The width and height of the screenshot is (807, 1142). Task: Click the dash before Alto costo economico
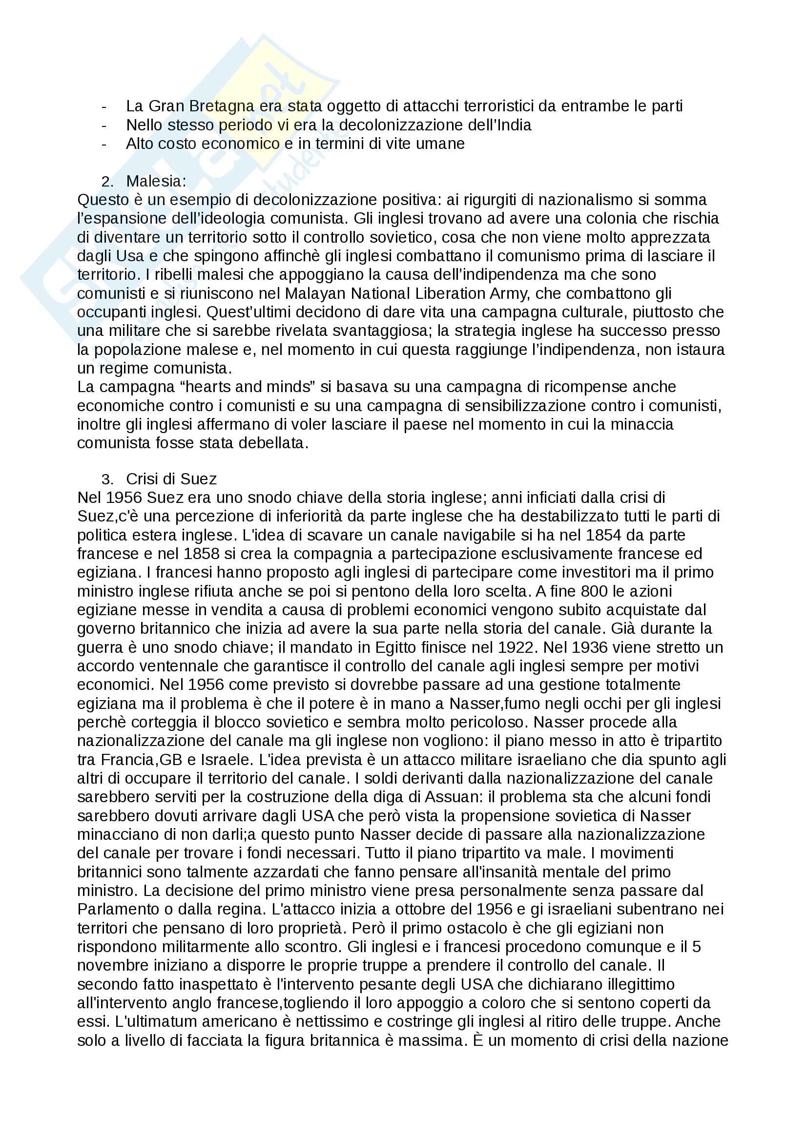pos(103,144)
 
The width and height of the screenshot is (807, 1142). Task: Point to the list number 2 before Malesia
pos(107,182)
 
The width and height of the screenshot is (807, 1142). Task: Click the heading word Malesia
pos(156,181)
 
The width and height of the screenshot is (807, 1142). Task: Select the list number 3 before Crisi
pos(107,479)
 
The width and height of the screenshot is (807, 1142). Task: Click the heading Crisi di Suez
pos(171,479)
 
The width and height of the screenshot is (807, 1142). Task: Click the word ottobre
pos(423,910)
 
